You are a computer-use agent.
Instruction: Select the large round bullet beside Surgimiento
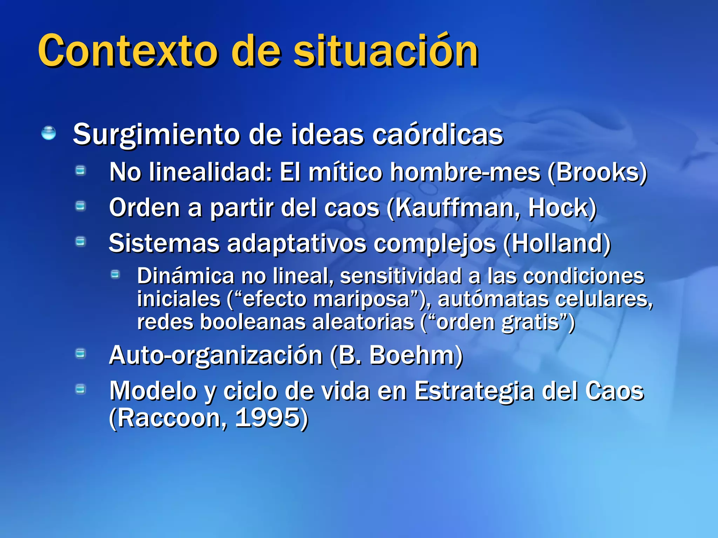(x=48, y=133)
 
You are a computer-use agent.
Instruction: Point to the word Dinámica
(x=185, y=276)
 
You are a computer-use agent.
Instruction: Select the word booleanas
(x=253, y=322)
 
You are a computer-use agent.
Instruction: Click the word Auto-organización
(x=216, y=355)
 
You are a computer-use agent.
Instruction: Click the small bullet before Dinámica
(x=115, y=275)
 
